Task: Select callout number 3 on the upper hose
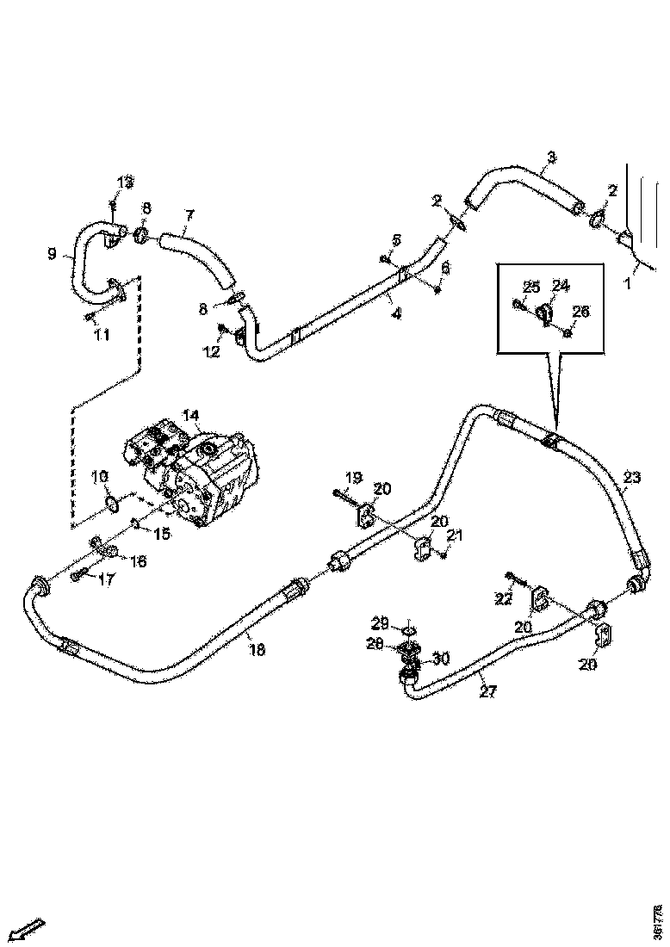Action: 551,158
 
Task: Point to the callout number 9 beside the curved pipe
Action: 52,254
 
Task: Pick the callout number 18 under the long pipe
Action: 256,650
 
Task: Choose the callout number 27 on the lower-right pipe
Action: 488,690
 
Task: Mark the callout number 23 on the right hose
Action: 632,477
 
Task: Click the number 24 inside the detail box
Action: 561,286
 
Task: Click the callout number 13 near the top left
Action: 126,182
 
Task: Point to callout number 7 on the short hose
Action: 189,214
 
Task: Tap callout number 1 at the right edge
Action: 628,282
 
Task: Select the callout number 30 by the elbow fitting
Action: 440,659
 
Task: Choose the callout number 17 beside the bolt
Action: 105,579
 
